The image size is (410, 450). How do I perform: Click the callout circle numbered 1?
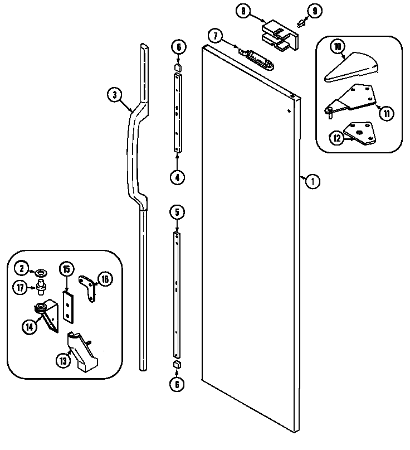(314, 181)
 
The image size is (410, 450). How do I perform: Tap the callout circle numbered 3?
(114, 95)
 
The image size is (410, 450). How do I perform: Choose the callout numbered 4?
(177, 178)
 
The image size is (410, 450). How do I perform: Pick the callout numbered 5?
(177, 211)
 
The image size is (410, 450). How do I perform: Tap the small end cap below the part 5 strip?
(177, 365)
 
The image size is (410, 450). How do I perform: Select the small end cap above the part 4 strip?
(177, 68)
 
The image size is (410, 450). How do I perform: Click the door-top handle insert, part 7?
(257, 58)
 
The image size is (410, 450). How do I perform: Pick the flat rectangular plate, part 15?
(69, 306)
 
